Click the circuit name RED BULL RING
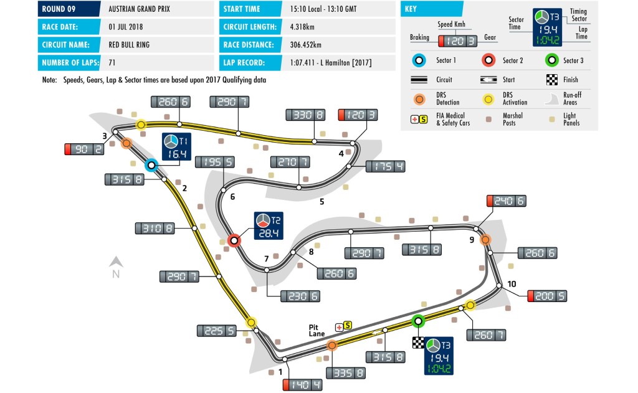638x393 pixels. (128, 45)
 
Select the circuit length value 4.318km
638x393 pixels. (302, 27)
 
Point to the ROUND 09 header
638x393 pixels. (59, 9)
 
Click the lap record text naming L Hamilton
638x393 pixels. (331, 63)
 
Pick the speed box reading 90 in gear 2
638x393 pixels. (84, 149)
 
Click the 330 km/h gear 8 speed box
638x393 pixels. (305, 115)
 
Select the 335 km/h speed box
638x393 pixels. (345, 373)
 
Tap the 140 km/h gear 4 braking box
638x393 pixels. (302, 385)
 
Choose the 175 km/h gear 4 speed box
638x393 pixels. (385, 166)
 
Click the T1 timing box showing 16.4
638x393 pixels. (176, 146)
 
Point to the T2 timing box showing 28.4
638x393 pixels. (269, 226)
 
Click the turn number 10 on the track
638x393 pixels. (512, 284)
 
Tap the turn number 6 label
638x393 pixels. (233, 197)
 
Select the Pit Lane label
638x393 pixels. (316, 330)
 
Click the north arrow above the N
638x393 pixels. (116, 262)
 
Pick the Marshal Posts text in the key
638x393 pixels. (512, 119)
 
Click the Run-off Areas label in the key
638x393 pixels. (572, 98)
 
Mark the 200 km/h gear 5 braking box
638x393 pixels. (547, 296)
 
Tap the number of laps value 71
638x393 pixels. (112, 63)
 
